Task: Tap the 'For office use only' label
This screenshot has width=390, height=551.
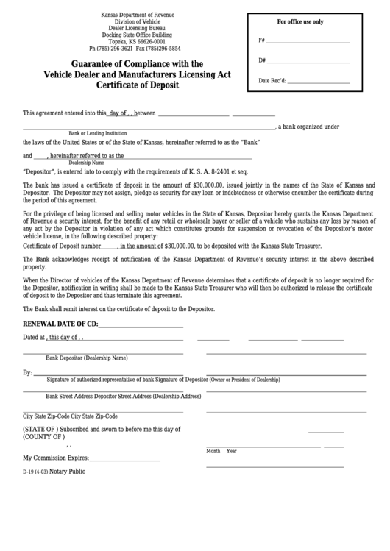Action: tap(299, 22)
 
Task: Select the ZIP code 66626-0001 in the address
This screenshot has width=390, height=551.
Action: tap(149, 41)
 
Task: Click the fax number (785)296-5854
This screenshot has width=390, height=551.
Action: tap(163, 48)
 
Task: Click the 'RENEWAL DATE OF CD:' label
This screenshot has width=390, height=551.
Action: tap(60, 324)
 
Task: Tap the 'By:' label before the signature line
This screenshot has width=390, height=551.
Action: tap(28, 373)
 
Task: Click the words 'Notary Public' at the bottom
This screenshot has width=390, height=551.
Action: tap(68, 471)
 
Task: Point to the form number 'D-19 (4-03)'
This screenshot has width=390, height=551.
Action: tap(35, 472)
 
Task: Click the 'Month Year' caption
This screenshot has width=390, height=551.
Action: tap(221, 451)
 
